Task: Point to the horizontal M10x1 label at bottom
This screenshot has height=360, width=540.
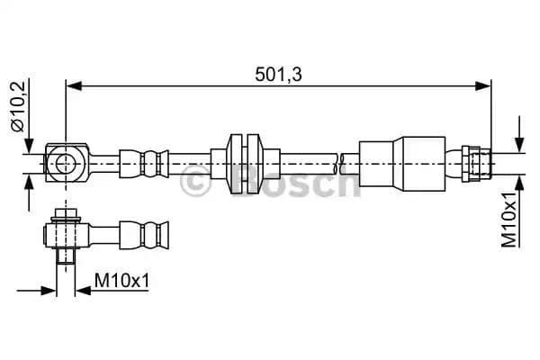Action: [121, 282]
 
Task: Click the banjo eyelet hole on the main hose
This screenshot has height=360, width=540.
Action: [66, 163]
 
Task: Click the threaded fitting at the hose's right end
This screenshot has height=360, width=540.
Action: [476, 163]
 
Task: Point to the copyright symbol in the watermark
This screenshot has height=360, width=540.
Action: [197, 183]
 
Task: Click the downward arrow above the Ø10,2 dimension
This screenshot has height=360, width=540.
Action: [30, 142]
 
